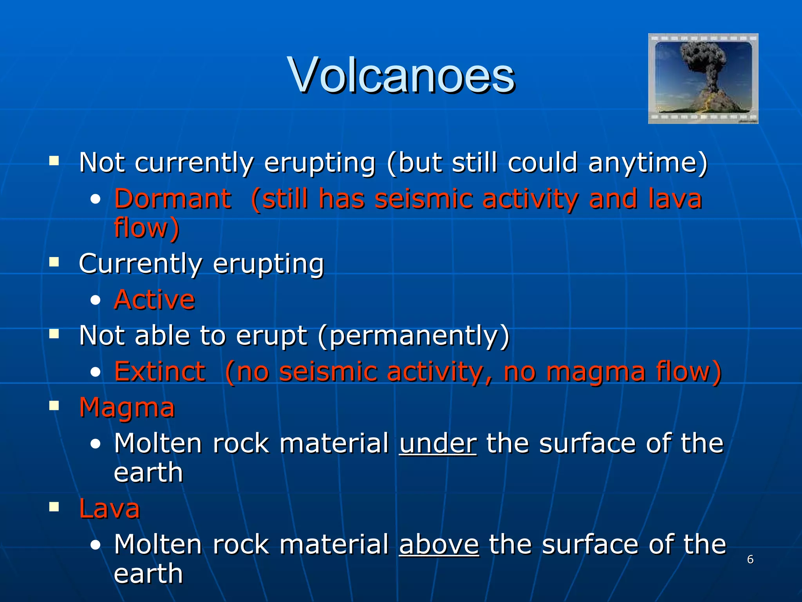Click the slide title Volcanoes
coord(401,75)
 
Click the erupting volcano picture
coord(703,78)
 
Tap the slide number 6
coord(750,559)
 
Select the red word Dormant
coord(173,199)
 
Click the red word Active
coord(154,300)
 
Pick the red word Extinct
coord(160,372)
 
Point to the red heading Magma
coord(127,408)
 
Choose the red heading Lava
coord(109,509)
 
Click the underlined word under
coord(438,444)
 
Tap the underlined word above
coord(439,545)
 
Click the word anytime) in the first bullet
coord(648,163)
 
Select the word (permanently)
coord(414,336)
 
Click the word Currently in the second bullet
coord(141,264)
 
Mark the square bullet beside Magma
coord(54,406)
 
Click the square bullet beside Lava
coord(54,507)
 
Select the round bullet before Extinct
coord(95,372)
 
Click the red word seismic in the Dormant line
coord(423,199)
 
